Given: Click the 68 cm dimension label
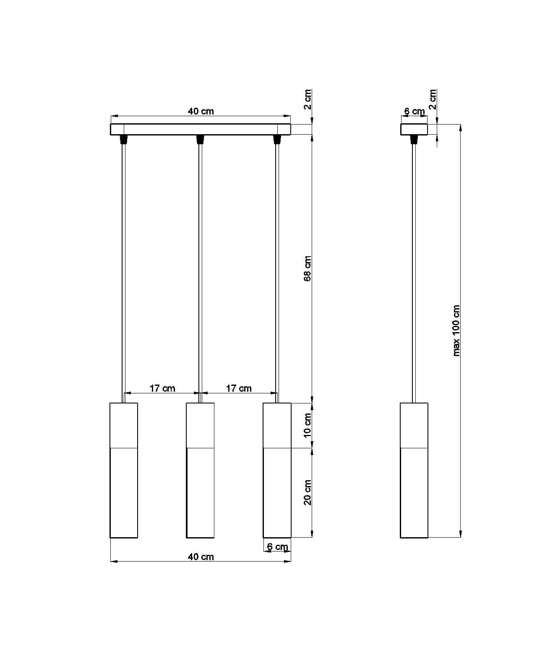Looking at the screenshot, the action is [307, 268].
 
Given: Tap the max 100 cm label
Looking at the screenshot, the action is [456, 330].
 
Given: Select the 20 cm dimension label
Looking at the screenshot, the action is [308, 492].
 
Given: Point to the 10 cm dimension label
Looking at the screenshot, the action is [308, 425].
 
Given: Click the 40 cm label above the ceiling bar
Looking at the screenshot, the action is [201, 111].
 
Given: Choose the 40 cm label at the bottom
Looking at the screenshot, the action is [201, 557].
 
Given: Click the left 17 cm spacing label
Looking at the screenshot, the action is [162, 388].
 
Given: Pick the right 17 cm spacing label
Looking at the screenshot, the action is [239, 388].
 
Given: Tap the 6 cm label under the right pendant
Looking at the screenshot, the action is [277, 546].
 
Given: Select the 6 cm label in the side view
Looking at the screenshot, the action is [414, 111].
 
